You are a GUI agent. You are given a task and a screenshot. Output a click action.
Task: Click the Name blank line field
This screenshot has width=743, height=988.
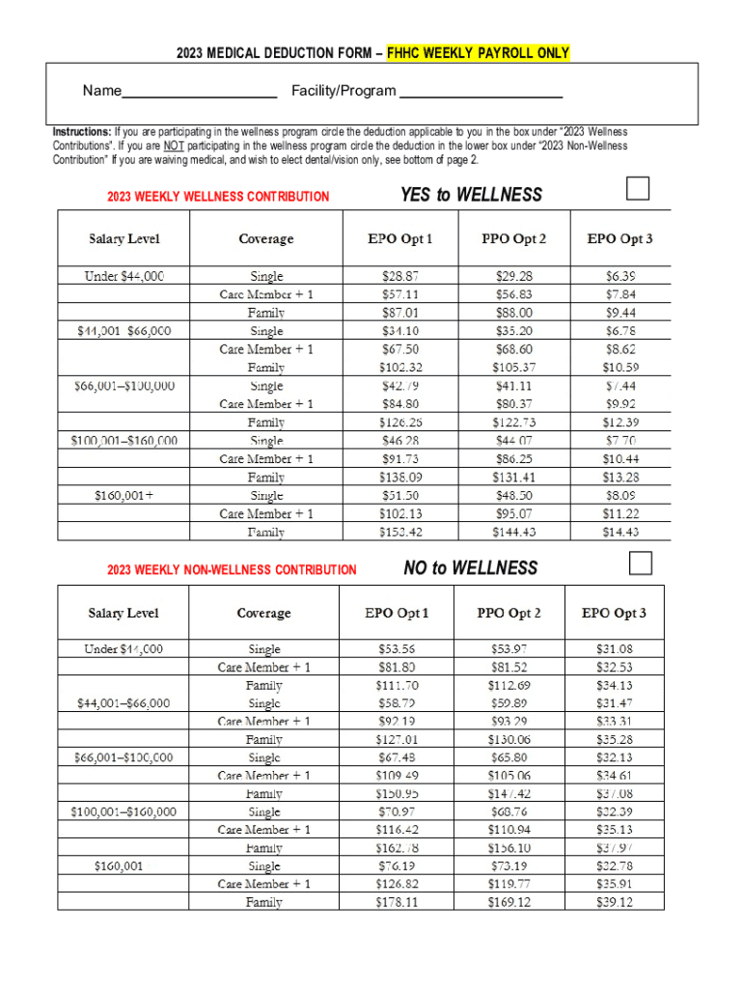[200, 94]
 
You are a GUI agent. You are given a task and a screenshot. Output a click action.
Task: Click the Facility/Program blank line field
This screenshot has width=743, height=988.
[481, 94]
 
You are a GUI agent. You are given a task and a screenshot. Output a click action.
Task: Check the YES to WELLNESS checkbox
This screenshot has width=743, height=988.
[638, 188]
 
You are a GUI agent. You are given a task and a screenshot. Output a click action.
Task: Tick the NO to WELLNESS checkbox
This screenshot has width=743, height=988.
[640, 562]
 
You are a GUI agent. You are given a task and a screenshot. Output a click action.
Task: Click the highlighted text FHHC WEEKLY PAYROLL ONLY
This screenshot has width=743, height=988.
[478, 53]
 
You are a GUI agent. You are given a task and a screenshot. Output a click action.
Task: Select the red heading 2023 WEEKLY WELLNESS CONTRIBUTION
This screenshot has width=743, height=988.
[218, 197]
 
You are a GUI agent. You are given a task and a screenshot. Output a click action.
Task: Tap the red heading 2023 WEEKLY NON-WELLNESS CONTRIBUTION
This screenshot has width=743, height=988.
[232, 570]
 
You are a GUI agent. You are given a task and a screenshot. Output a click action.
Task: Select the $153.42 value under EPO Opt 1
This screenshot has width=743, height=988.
[399, 532]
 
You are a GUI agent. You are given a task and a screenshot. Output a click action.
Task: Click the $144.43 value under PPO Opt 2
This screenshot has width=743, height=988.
[513, 532]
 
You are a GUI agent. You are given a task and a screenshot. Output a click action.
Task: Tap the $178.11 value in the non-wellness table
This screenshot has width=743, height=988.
[397, 902]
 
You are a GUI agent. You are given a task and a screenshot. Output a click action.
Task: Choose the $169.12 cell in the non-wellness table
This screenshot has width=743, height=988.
[509, 902]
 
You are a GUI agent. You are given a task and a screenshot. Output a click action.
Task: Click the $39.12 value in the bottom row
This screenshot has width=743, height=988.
[615, 902]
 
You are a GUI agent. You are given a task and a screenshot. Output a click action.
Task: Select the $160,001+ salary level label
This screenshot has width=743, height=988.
[124, 495]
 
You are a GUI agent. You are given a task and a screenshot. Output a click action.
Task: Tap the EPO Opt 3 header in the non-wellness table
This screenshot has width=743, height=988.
[614, 613]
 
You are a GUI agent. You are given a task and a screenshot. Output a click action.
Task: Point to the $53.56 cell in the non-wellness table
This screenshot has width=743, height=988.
[397, 649]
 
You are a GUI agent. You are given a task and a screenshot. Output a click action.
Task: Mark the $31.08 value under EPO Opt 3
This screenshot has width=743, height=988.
[615, 649]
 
